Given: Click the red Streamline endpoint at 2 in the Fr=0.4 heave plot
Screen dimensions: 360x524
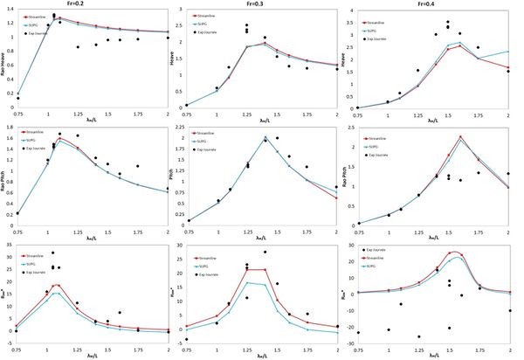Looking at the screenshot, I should [510, 67].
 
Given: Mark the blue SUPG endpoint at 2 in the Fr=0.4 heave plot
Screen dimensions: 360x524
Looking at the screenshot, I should [510, 52].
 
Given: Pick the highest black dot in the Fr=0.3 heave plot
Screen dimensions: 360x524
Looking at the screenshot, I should [246, 25].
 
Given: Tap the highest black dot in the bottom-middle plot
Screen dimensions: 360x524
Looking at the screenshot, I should [265, 253].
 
